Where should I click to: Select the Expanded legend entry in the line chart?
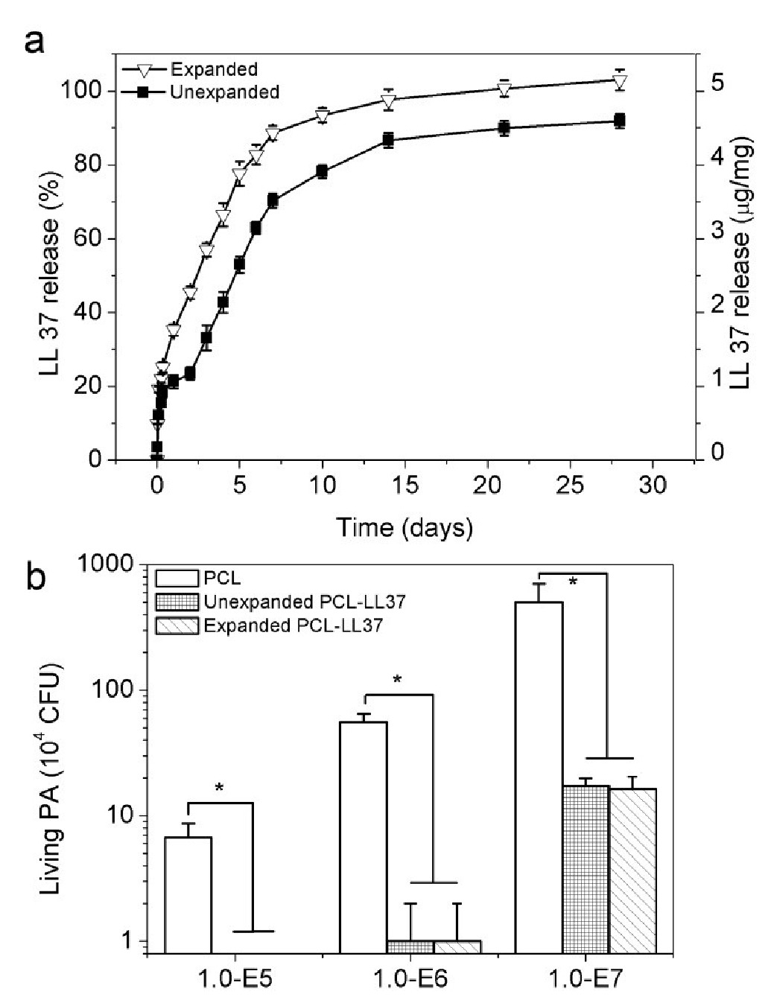(x=214, y=70)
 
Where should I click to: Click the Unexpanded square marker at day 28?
(x=619, y=121)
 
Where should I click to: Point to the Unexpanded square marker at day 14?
(x=388, y=140)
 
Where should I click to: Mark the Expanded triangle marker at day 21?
(x=504, y=90)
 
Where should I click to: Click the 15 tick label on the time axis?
(x=404, y=485)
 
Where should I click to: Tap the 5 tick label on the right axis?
(x=716, y=83)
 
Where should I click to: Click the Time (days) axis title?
(x=404, y=528)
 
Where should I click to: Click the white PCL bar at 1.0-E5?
(x=188, y=894)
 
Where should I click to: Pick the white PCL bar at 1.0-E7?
(x=539, y=774)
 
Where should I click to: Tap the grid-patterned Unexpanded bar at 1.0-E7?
(x=586, y=869)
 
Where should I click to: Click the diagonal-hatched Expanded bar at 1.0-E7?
(x=632, y=870)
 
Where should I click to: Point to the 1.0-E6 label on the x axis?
(x=410, y=977)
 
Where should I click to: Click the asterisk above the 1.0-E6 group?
(x=397, y=679)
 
